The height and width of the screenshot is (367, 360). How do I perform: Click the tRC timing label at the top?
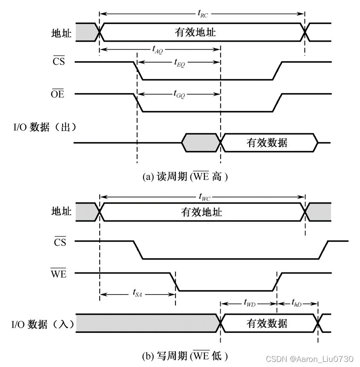click(203, 14)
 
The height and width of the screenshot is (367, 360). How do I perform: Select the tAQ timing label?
click(157, 49)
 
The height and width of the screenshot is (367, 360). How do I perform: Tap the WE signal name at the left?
click(58, 274)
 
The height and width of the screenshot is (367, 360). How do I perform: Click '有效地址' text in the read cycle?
click(195, 32)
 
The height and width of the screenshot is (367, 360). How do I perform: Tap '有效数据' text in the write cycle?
click(267, 324)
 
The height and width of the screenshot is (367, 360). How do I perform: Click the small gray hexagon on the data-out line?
click(201, 143)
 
